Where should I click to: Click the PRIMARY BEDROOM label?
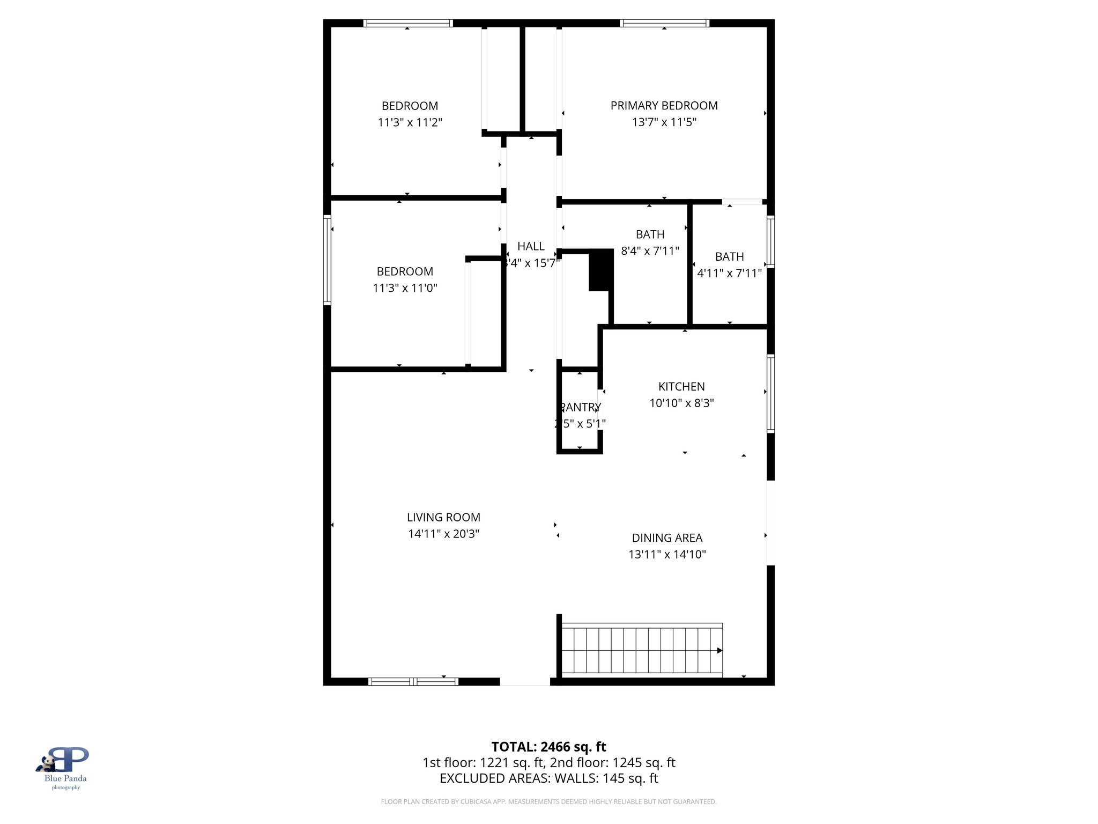664,106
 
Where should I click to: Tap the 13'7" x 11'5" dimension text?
664,122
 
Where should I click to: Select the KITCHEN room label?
681,387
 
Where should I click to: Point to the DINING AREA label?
667,538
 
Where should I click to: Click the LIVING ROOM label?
443,518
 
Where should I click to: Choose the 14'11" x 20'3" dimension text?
443,534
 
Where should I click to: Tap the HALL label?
531,246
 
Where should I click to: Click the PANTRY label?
580,407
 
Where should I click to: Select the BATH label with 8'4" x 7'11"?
650,234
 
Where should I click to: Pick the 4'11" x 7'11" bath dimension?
729,273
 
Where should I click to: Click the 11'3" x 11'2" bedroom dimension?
410,122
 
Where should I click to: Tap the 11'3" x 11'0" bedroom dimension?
405,288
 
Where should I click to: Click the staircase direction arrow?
719,650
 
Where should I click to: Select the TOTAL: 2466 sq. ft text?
548,747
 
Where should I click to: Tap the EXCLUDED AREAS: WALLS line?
548,778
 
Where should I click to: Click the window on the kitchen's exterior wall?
770,393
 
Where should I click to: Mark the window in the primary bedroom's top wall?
664,23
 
